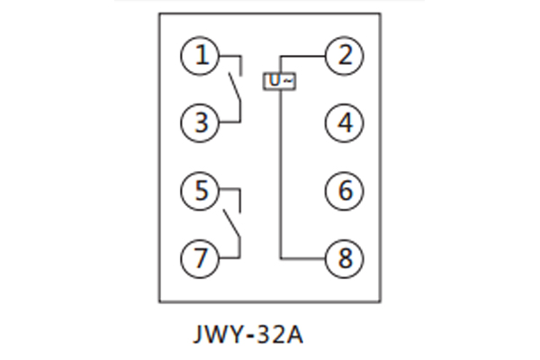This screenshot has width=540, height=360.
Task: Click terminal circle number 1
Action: point(201,56)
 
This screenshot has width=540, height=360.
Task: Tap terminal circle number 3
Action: point(201,122)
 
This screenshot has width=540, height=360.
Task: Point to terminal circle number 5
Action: point(201,190)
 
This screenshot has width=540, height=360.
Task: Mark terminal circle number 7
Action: point(201,257)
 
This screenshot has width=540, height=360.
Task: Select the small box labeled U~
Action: point(279,81)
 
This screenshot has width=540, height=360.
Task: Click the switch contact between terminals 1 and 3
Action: point(234,89)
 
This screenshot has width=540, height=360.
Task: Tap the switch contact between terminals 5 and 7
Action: point(234,223)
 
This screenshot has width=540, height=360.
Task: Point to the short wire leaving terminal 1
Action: point(229,56)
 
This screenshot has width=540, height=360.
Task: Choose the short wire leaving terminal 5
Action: point(229,190)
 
